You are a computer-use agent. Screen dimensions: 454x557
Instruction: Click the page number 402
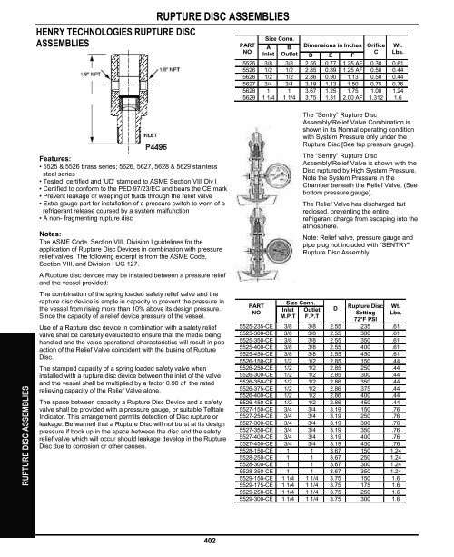[x=227, y=543]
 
